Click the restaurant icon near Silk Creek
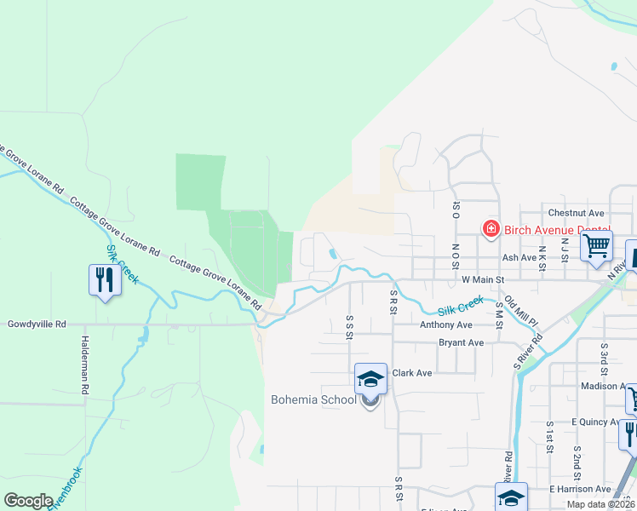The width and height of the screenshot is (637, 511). click(105, 279)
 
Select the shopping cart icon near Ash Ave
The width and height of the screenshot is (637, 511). click(596, 245)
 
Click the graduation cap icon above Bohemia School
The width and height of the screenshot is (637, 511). click(370, 378)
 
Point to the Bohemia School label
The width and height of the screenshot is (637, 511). click(313, 399)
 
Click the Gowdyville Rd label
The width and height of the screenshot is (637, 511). click(36, 324)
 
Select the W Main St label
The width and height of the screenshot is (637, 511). click(483, 278)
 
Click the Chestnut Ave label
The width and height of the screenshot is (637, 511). click(576, 213)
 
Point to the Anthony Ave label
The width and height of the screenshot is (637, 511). click(445, 324)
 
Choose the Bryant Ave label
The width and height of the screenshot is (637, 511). click(461, 342)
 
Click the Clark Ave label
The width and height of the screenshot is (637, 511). click(412, 373)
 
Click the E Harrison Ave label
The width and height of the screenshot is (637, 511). click(580, 489)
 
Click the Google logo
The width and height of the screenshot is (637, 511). click(28, 500)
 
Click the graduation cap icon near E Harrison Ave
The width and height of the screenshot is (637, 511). click(511, 497)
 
